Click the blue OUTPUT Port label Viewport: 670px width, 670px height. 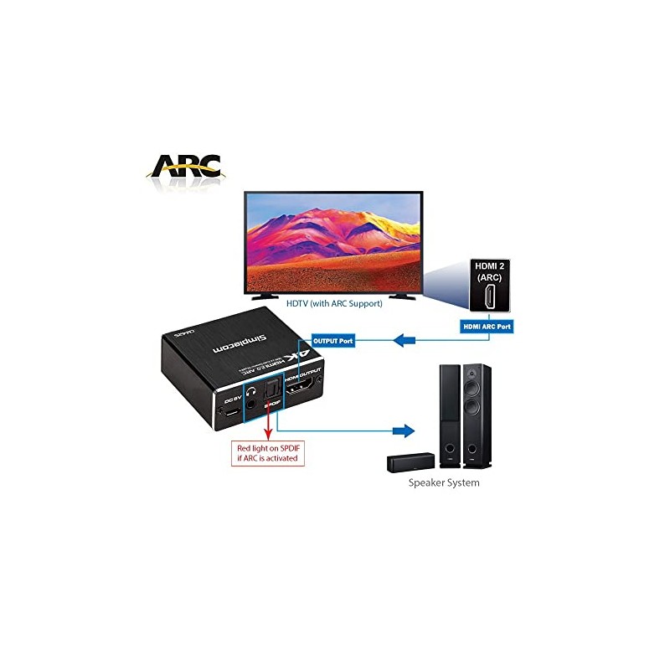click(x=333, y=340)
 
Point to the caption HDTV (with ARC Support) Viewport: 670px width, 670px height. click(x=334, y=303)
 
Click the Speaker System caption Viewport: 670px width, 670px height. click(x=444, y=483)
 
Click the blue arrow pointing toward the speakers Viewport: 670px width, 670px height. click(x=404, y=431)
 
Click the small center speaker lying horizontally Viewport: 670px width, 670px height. click(x=410, y=461)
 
